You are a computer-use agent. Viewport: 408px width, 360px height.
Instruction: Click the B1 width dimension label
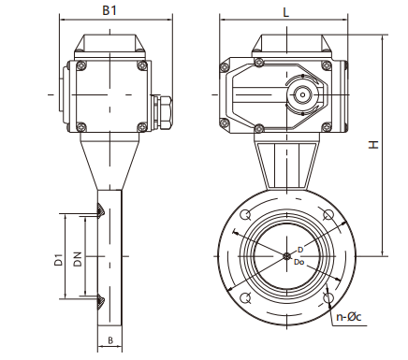109,10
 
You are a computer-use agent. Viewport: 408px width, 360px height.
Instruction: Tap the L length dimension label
284,10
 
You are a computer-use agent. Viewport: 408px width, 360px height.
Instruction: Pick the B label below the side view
109,340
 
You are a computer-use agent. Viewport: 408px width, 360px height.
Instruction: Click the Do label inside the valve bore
299,262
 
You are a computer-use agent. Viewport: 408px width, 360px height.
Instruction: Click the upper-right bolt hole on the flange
328,215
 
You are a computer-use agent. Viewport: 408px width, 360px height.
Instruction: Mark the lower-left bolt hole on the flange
244,298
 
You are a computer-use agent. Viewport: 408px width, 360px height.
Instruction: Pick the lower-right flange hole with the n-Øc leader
328,298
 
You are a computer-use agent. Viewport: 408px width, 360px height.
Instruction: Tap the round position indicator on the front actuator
303,94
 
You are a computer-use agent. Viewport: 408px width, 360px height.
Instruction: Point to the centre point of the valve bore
285,256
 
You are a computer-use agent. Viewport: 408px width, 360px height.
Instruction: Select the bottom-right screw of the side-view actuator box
140,126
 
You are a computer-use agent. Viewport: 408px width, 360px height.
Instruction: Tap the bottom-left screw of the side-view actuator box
78,126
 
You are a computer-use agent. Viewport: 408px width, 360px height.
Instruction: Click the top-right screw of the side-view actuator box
140,65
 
